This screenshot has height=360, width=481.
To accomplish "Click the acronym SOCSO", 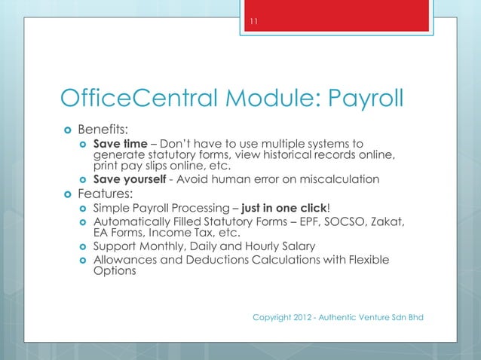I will (x=357, y=221).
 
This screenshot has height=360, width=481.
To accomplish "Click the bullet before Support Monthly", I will (x=83, y=247).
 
